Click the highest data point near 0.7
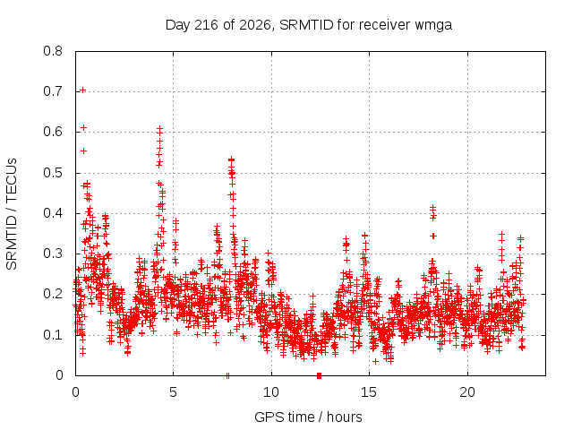pyautogui.click(x=83, y=90)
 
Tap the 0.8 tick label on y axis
pyautogui.click(x=53, y=51)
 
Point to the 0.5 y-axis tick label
pyautogui.click(x=53, y=173)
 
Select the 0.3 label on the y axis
pyautogui.click(x=53, y=254)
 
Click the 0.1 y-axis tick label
pyautogui.click(x=53, y=335)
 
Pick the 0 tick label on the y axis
pyautogui.click(x=59, y=375)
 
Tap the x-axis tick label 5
pyautogui.click(x=173, y=392)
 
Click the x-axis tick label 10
pyautogui.click(x=270, y=392)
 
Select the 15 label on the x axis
pyautogui.click(x=369, y=392)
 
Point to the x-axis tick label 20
pyautogui.click(x=467, y=392)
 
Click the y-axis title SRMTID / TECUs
pyautogui.click(x=12, y=214)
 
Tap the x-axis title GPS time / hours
pyautogui.click(x=308, y=417)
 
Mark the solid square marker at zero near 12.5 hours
pyautogui.click(x=319, y=375)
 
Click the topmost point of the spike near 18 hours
pyautogui.click(x=432, y=208)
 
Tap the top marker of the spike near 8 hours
pyautogui.click(x=231, y=159)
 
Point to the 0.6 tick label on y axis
pyautogui.click(x=53, y=132)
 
